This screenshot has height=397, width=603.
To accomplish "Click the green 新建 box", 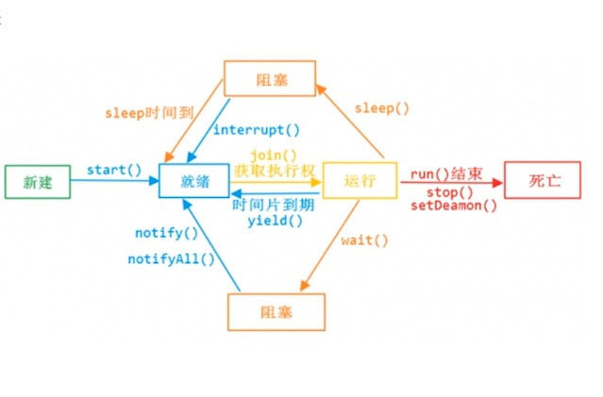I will (38, 183).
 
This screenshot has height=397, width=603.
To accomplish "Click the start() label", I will (113, 170).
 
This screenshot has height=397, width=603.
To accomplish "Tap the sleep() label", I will (382, 108).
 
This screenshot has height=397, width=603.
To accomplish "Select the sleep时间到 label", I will (149, 111).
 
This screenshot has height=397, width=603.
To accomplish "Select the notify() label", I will (167, 233).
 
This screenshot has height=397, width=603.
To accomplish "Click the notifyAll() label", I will (172, 257).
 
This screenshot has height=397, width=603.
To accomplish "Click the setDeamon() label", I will (454, 207).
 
